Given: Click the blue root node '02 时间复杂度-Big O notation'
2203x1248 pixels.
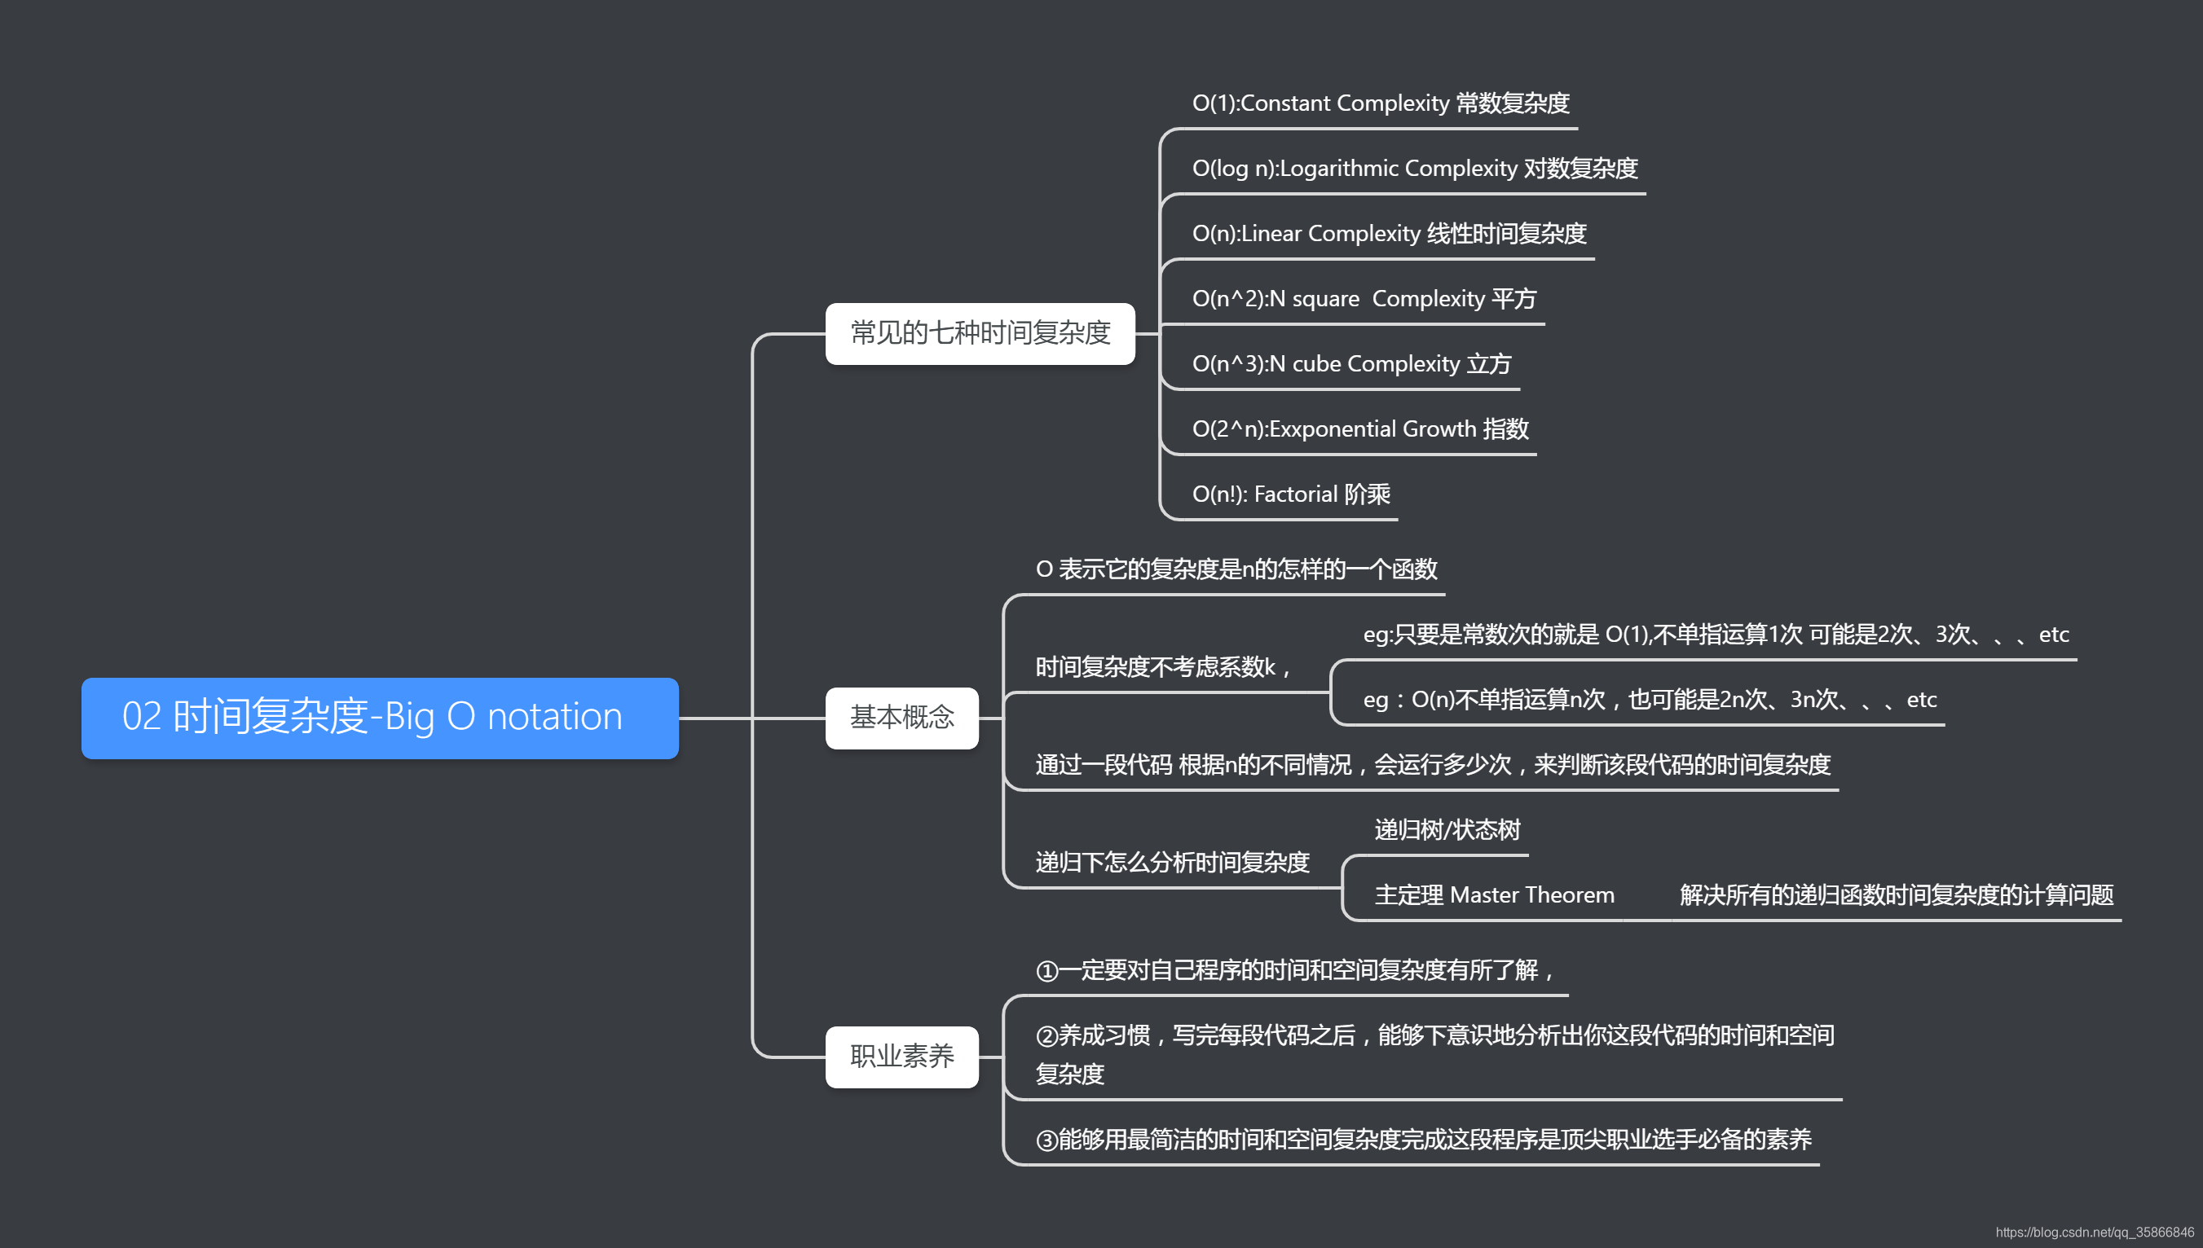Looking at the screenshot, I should [x=380, y=718].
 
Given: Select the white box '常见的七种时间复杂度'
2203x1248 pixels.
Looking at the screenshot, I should [x=980, y=333].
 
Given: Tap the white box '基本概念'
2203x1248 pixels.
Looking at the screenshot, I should [x=901, y=718].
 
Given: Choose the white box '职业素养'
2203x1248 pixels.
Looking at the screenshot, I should [x=901, y=1056].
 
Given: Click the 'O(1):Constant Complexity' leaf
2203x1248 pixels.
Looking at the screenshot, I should [x=1380, y=103].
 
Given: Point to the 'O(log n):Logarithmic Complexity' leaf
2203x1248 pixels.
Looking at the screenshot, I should [x=1414, y=169].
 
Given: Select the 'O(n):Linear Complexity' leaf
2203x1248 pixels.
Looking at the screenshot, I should [x=1388, y=234].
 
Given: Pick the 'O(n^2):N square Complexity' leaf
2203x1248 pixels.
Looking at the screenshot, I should [x=1364, y=299].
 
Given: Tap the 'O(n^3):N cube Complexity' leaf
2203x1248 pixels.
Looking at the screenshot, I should [x=1350, y=364].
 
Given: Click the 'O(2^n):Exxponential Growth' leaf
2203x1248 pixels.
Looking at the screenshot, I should [x=1359, y=429].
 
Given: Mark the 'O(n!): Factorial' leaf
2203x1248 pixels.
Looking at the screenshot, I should [x=1291, y=494].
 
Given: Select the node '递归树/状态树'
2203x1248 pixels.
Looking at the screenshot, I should [x=1447, y=830].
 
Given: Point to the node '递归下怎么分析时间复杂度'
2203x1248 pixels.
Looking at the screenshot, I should [x=1171, y=863].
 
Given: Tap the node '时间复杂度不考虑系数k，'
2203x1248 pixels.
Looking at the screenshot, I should [x=1164, y=667].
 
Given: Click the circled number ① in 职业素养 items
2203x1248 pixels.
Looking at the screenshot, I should [x=1046, y=971].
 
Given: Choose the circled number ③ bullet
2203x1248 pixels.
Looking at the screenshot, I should [x=1046, y=1140].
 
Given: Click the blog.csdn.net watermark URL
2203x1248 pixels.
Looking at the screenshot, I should [x=2093, y=1233].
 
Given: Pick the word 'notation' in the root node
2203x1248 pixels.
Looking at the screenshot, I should [x=554, y=718].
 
